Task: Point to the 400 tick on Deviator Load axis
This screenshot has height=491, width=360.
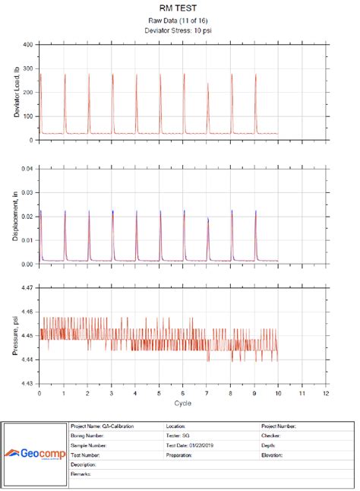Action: (27, 45)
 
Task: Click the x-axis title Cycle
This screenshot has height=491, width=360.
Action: (182, 403)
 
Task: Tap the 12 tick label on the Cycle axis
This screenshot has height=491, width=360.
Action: (325, 394)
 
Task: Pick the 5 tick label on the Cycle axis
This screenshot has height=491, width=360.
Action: (159, 394)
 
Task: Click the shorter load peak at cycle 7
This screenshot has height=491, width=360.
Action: (207, 86)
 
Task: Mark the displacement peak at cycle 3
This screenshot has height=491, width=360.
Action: (112, 213)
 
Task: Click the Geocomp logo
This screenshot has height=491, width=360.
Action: (35, 454)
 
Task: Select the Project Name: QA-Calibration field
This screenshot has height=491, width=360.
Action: (102, 427)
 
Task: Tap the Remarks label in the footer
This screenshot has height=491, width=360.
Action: (82, 474)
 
